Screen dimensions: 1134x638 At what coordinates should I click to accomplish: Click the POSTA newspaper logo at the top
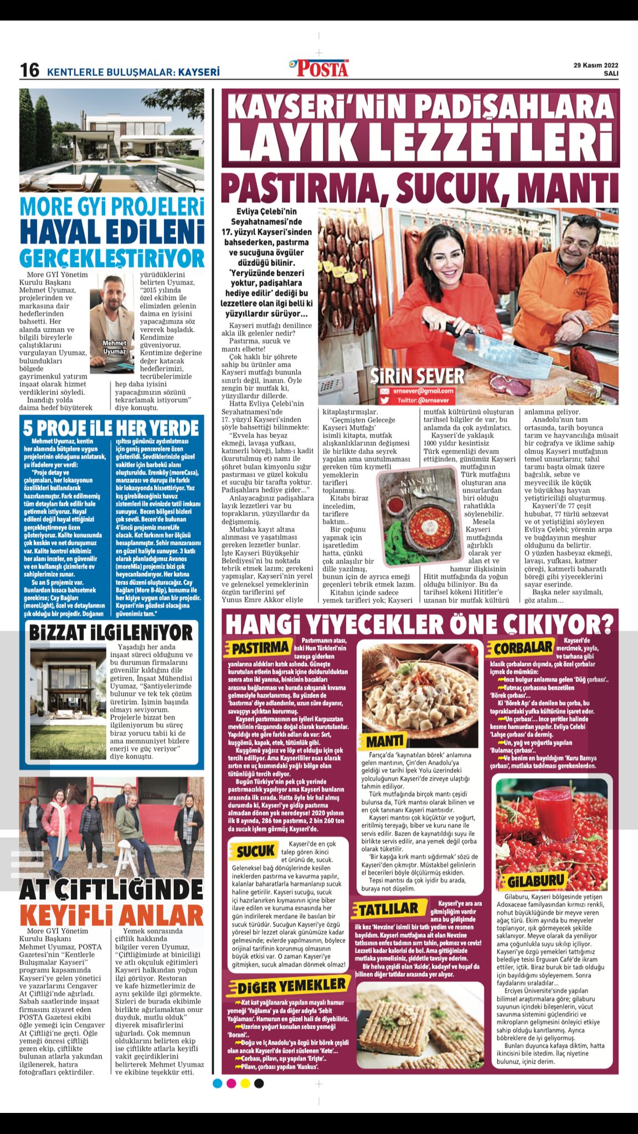click(x=320, y=68)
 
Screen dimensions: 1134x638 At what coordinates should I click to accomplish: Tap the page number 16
click(x=30, y=71)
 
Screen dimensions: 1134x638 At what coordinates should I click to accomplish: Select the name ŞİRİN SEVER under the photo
click(x=418, y=376)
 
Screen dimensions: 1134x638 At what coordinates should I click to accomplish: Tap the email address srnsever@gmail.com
click(x=424, y=390)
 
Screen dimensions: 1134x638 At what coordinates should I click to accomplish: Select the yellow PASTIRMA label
click(x=261, y=648)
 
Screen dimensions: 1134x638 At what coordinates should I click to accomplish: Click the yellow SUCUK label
click(x=256, y=850)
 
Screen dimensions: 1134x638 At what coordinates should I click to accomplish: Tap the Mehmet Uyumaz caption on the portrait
click(x=115, y=347)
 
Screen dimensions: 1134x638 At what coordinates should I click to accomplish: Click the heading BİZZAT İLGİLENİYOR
click(x=111, y=632)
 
